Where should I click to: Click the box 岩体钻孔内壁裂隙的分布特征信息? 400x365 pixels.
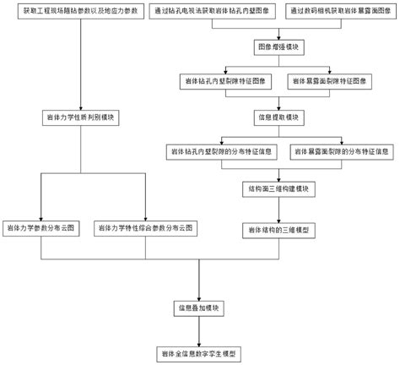221,151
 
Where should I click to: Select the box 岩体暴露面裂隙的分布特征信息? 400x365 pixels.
340,151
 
